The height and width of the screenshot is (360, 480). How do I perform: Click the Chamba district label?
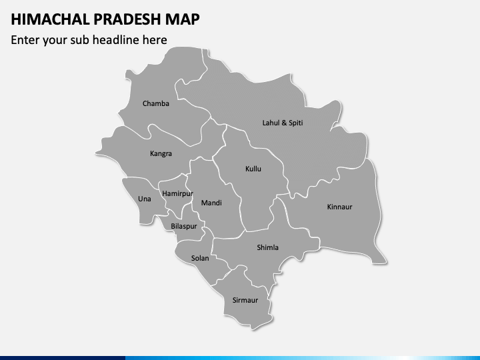156,103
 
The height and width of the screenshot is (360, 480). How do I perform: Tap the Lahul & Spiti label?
283,123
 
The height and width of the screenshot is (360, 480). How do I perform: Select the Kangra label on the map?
161,153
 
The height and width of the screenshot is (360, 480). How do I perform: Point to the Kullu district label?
253,169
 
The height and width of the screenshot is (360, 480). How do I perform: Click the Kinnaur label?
339,207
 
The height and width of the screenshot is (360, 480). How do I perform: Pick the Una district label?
144,199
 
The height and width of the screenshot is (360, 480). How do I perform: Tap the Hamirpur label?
177,193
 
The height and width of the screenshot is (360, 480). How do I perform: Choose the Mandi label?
211,203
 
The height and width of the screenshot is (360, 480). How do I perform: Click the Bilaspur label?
184,226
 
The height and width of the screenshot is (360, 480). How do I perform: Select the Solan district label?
200,258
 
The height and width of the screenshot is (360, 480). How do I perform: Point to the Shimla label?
268,247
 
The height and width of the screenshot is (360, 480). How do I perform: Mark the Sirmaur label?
245,300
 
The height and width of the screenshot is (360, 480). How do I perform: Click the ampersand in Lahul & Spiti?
283,123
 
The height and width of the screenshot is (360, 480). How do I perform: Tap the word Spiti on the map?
295,123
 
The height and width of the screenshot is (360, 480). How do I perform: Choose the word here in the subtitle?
153,40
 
